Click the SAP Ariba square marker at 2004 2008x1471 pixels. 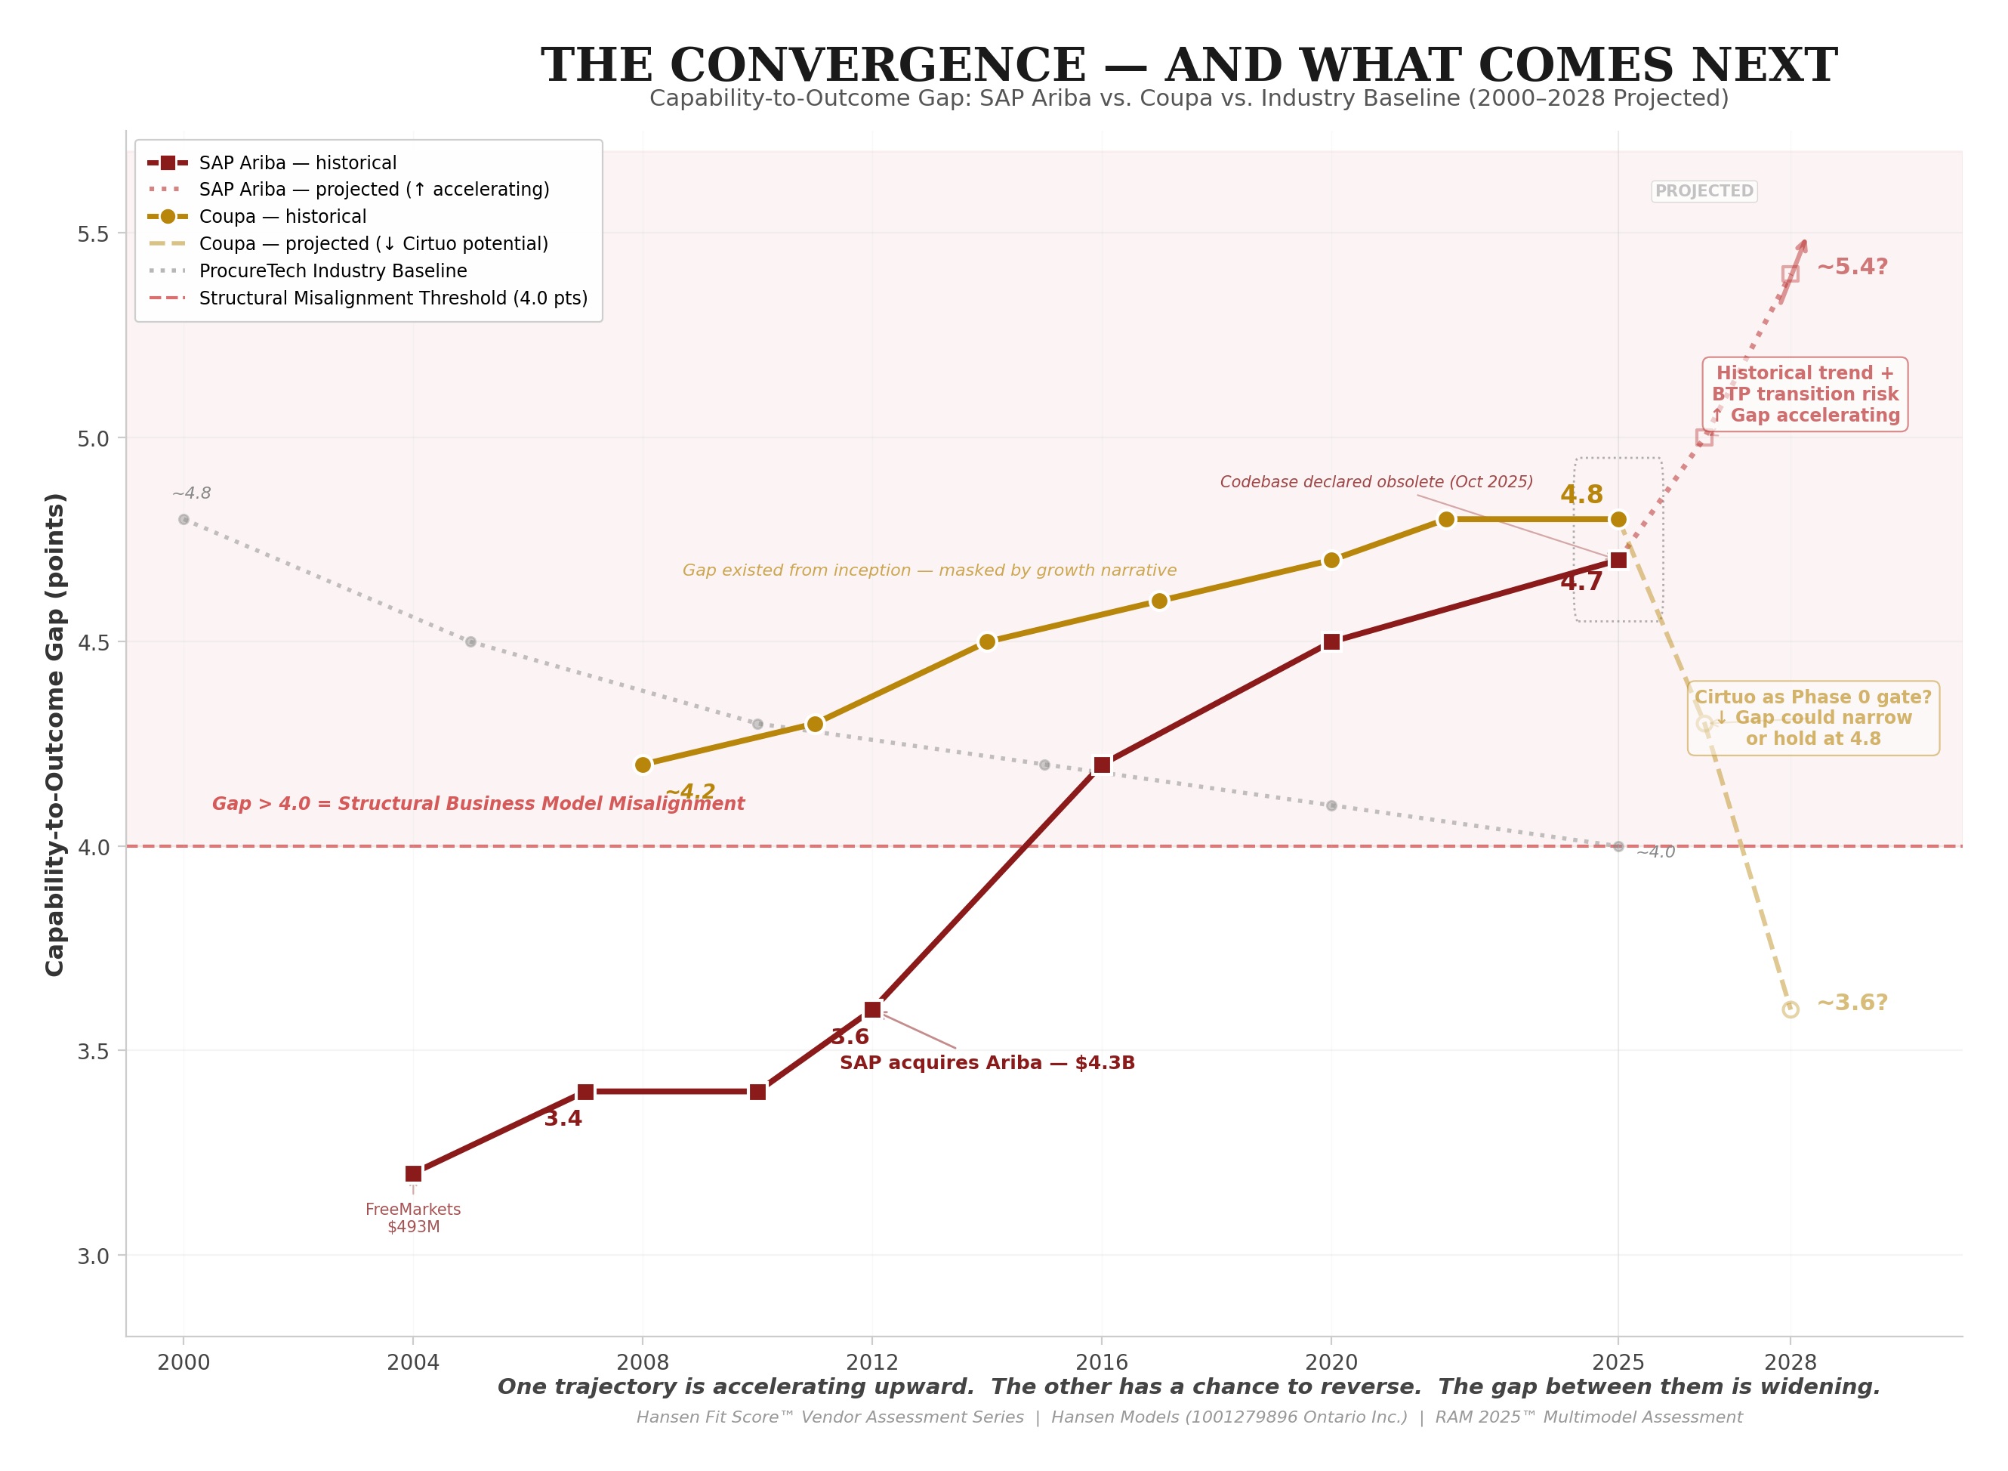pyautogui.click(x=413, y=1173)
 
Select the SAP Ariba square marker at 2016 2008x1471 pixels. pyautogui.click(x=1102, y=765)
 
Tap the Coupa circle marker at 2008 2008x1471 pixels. pyautogui.click(x=643, y=765)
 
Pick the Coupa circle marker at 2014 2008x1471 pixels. pyautogui.click(x=987, y=642)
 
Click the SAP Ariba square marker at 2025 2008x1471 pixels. pyautogui.click(x=1618, y=560)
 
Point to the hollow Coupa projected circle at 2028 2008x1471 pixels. pyautogui.click(x=1790, y=1009)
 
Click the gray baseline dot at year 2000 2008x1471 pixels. pyautogui.click(x=184, y=519)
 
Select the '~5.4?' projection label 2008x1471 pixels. pyautogui.click(x=1852, y=267)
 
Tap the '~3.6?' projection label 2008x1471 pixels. pyautogui.click(x=1852, y=1003)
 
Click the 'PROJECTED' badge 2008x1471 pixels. pyautogui.click(x=1704, y=191)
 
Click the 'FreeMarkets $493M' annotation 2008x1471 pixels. pyautogui.click(x=413, y=1217)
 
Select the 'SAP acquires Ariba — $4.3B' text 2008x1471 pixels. pyautogui.click(x=987, y=1063)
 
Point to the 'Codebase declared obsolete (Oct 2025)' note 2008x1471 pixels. pyautogui.click(x=1376, y=482)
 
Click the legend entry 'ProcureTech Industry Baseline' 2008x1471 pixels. pyautogui.click(x=333, y=270)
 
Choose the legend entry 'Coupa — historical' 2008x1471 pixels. pyautogui.click(x=282, y=216)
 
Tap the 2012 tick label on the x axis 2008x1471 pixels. pyautogui.click(x=872, y=1362)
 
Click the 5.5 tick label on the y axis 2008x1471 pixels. pyautogui.click(x=93, y=234)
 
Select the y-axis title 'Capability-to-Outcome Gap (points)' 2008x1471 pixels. pyautogui.click(x=55, y=734)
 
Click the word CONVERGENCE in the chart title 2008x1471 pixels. pyautogui.click(x=878, y=66)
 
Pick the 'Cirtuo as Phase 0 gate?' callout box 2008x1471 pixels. pyautogui.click(x=1813, y=718)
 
